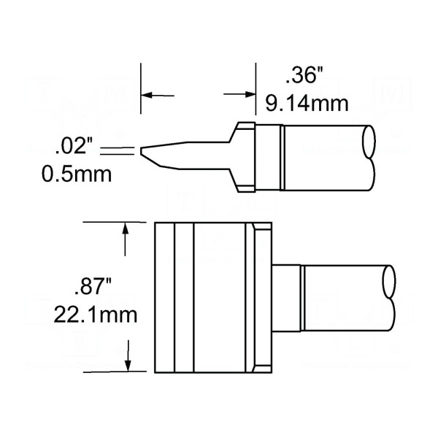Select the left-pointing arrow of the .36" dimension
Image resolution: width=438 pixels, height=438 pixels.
click(x=156, y=95)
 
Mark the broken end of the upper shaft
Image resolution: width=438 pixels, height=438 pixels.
click(x=370, y=156)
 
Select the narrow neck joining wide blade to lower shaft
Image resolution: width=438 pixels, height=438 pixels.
click(x=288, y=296)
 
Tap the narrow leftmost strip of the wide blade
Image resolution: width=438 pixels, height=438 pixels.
click(x=164, y=296)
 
